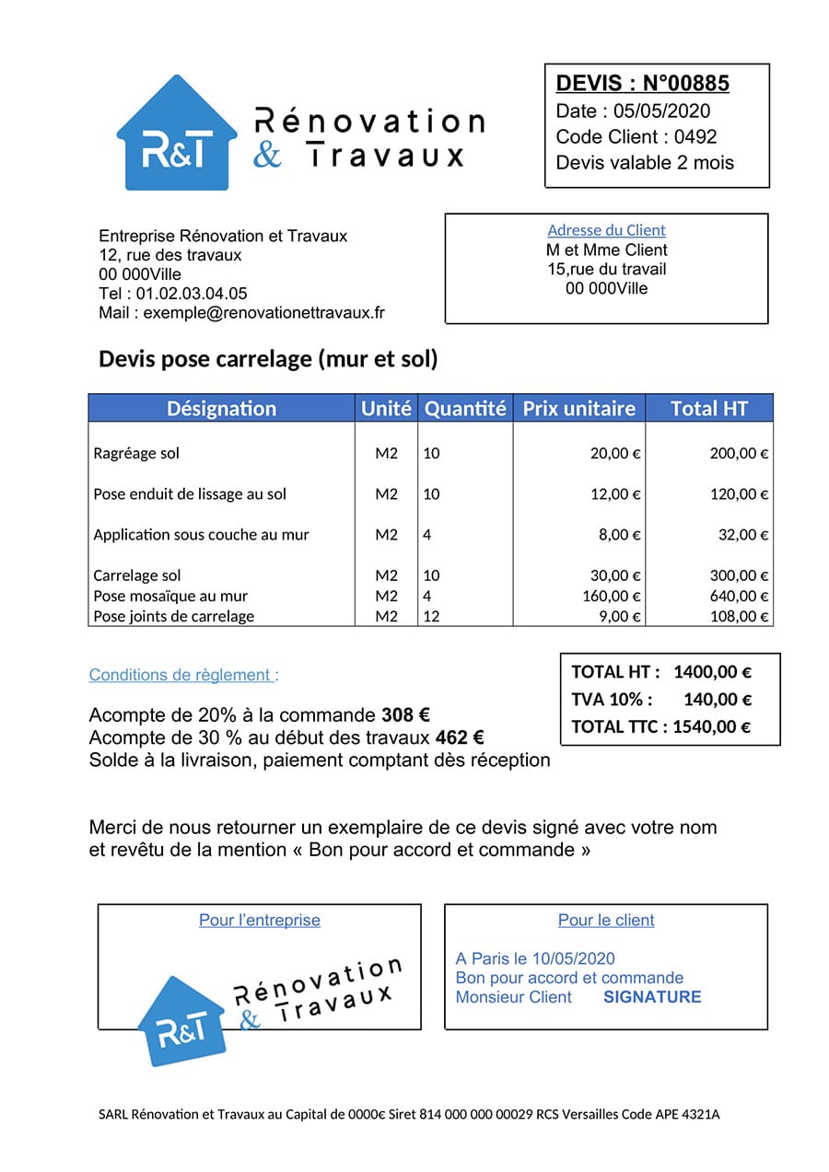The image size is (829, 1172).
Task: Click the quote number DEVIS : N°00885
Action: [642, 84]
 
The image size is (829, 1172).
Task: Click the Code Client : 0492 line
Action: [636, 136]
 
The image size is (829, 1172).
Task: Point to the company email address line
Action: [241, 312]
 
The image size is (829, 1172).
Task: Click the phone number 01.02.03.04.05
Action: [192, 294]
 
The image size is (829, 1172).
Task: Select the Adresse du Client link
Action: [606, 230]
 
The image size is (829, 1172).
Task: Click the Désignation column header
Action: [221, 409]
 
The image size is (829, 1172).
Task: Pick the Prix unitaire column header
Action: [578, 409]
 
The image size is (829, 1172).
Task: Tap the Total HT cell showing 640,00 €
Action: [739, 596]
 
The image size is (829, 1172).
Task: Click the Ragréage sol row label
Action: [136, 453]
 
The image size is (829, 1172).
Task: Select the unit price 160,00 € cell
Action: [612, 596]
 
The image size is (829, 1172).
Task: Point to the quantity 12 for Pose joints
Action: [431, 616]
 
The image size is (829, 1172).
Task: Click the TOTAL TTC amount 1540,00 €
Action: [711, 726]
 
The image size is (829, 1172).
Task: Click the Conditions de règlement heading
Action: [183, 675]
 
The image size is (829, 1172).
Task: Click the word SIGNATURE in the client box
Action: [652, 997]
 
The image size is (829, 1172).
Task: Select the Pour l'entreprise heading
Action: [260, 920]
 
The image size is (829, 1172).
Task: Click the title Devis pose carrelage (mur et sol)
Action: [268, 359]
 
